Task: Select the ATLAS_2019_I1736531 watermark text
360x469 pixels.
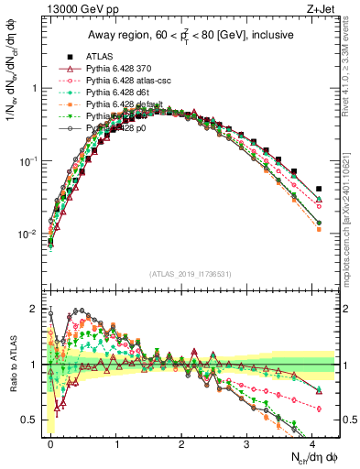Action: [190, 273]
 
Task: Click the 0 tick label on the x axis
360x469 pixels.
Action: [50, 443]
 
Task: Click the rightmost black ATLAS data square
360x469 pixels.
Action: [319, 189]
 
